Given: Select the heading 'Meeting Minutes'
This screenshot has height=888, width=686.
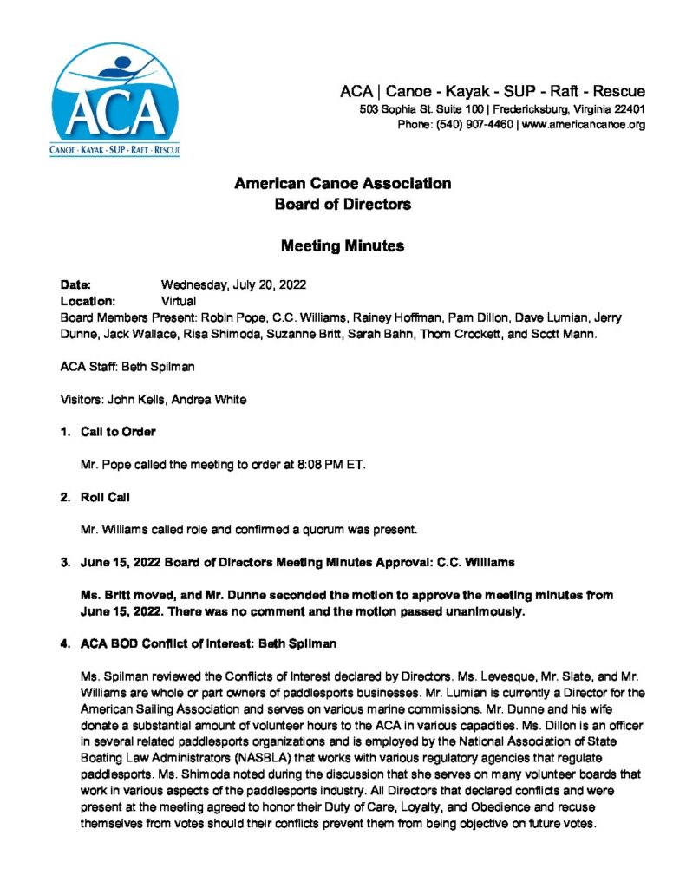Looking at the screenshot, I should pos(342,245).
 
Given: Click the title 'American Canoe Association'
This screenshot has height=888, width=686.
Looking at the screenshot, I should pos(342,184).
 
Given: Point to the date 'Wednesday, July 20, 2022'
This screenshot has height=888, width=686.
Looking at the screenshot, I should pos(233,284).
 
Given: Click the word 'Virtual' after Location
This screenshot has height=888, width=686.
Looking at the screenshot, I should pos(179,301).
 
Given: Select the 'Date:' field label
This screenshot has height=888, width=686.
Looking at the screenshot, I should pos(75,284).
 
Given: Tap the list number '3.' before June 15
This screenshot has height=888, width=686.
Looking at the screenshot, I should pos(65,562).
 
